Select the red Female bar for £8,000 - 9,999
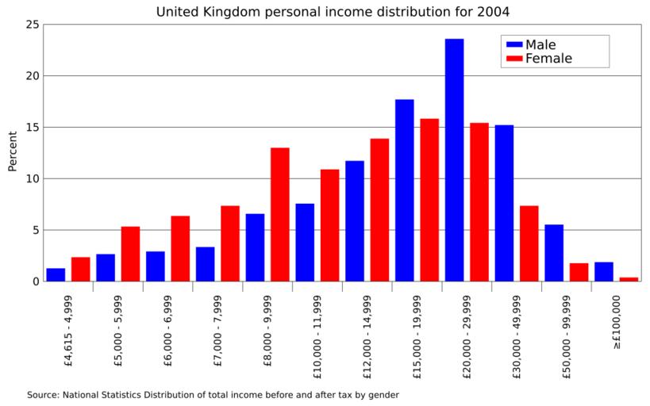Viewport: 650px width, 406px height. [x=279, y=214]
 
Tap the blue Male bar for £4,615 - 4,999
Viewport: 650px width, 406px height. [x=56, y=274]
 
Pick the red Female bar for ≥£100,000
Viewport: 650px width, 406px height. [x=629, y=279]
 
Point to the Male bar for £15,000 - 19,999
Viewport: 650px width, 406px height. [x=404, y=190]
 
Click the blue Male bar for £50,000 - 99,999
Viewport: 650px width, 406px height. [x=554, y=253]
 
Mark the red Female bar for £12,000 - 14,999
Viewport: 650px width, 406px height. [x=379, y=210]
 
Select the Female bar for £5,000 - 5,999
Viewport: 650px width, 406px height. [x=130, y=254]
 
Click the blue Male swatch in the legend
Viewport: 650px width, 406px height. [x=513, y=45]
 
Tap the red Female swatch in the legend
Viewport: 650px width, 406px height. [x=513, y=59]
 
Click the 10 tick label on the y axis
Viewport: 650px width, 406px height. [x=32, y=178]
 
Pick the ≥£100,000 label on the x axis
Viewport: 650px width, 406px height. [x=616, y=321]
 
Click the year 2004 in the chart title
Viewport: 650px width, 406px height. [x=494, y=11]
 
